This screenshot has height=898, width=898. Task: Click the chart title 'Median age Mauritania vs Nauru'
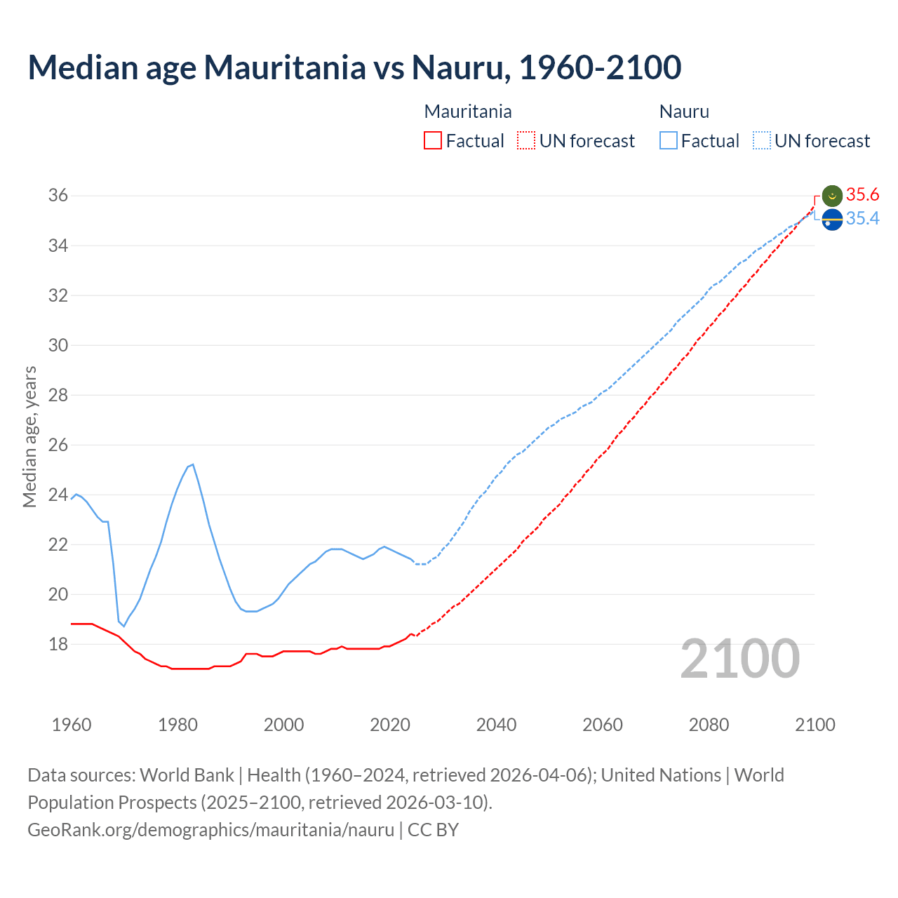(x=354, y=67)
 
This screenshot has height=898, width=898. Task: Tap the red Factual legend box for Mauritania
(x=433, y=141)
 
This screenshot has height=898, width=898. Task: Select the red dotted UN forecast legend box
(x=526, y=141)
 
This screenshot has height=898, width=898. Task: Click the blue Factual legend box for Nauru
(x=668, y=141)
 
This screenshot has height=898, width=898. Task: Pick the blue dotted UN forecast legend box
(x=761, y=141)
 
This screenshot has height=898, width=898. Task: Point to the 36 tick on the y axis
(x=58, y=196)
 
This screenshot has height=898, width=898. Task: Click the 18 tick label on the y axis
(x=58, y=644)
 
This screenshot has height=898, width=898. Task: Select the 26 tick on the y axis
(x=58, y=445)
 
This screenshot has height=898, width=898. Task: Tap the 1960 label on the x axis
(x=72, y=725)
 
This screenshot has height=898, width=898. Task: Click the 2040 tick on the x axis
(x=496, y=725)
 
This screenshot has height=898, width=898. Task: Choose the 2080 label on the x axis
(x=709, y=725)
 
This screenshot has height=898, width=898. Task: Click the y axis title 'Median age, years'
(x=29, y=436)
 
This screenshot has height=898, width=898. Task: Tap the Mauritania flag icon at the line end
(x=832, y=196)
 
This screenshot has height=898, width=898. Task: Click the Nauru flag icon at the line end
(x=832, y=220)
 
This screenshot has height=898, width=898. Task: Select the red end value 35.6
(x=863, y=195)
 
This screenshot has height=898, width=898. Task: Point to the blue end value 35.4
(x=863, y=219)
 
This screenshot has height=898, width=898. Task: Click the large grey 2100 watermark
(x=740, y=658)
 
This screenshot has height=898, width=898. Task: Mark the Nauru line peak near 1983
(x=193, y=464)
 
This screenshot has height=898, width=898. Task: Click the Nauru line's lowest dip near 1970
(x=124, y=626)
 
